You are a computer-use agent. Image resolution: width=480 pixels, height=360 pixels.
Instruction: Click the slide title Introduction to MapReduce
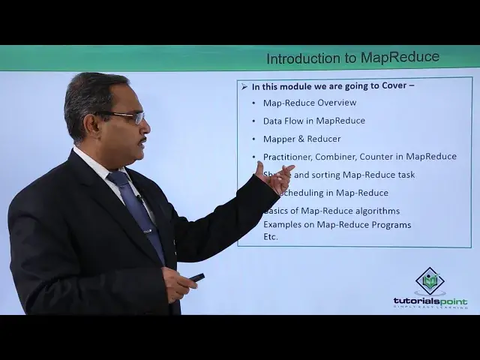click(x=352, y=58)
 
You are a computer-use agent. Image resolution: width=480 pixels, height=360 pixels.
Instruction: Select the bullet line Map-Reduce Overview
click(x=310, y=103)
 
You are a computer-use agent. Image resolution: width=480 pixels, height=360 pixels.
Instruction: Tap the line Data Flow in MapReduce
click(x=313, y=121)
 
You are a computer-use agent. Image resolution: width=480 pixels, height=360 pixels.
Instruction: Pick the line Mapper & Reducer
click(x=301, y=139)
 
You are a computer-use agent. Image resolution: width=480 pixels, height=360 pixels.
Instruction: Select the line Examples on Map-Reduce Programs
click(x=337, y=224)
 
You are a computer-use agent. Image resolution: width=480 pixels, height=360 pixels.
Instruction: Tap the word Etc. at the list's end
click(x=271, y=236)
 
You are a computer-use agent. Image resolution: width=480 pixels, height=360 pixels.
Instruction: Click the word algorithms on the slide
click(x=375, y=211)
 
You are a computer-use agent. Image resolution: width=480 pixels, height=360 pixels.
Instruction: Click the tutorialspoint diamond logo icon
click(x=430, y=281)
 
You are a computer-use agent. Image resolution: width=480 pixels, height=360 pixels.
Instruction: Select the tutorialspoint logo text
click(x=430, y=301)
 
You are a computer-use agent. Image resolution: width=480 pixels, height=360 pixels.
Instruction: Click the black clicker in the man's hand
click(x=196, y=277)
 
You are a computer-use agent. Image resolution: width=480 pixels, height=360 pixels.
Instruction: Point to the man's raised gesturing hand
click(x=274, y=178)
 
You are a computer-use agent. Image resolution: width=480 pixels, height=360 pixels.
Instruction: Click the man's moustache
click(x=142, y=139)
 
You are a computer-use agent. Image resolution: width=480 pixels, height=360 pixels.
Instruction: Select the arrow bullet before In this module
click(x=244, y=86)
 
